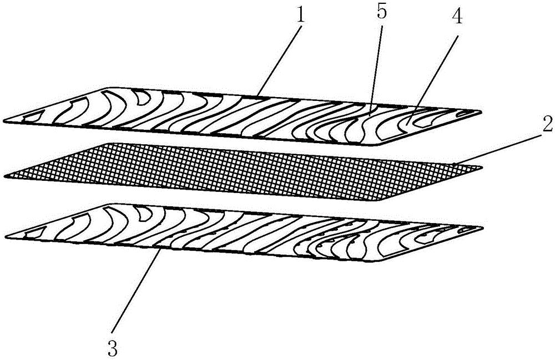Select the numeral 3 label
(113, 348)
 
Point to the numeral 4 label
(457, 16)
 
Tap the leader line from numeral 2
(497, 150)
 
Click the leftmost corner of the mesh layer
(4, 176)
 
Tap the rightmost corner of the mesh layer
(481, 168)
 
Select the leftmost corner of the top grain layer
(3, 122)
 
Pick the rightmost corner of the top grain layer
(481, 112)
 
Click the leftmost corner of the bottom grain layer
(6, 237)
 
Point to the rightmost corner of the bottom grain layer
(482, 227)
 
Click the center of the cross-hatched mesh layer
(243, 171)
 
